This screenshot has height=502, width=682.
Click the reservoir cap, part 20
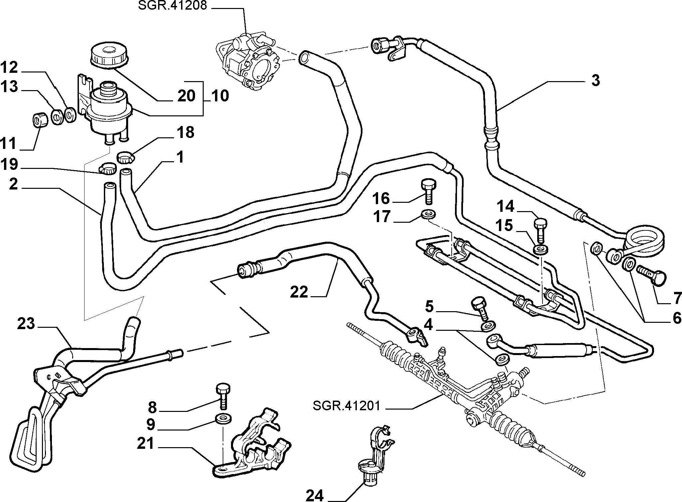coord(109,55)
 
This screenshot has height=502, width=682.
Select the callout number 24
coord(315,495)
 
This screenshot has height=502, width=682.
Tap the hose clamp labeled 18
coord(125,157)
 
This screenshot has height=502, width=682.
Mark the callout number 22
coord(299,293)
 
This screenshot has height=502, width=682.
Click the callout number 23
coord(26,323)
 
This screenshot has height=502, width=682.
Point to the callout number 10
coord(220,96)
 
